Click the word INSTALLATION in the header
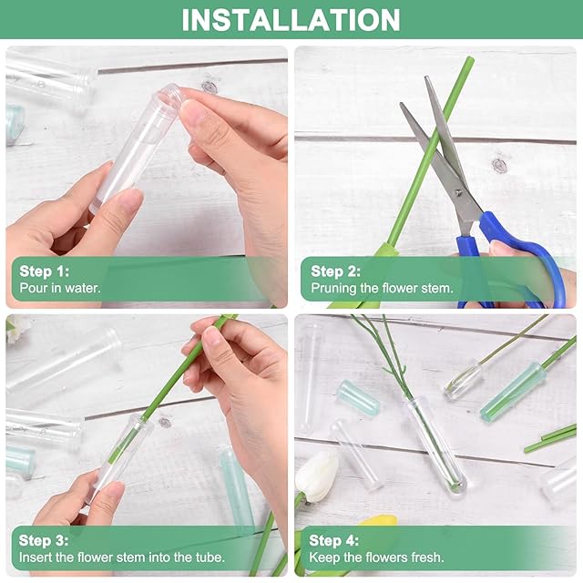[x=291, y=19]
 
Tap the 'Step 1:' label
[x=45, y=271]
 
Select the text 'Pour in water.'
[x=60, y=288]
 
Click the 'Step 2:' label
[x=336, y=271]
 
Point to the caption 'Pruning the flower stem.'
[x=383, y=288]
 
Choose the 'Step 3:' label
[x=44, y=540]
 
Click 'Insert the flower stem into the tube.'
[x=122, y=557]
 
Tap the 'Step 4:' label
[x=334, y=540]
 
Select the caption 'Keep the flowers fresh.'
[x=376, y=557]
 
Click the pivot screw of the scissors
[x=458, y=192]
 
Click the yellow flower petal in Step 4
[x=379, y=520]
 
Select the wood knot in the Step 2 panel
[x=499, y=166]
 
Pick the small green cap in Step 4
[x=358, y=397]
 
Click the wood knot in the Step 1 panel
[x=210, y=87]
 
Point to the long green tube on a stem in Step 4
[x=513, y=393]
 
